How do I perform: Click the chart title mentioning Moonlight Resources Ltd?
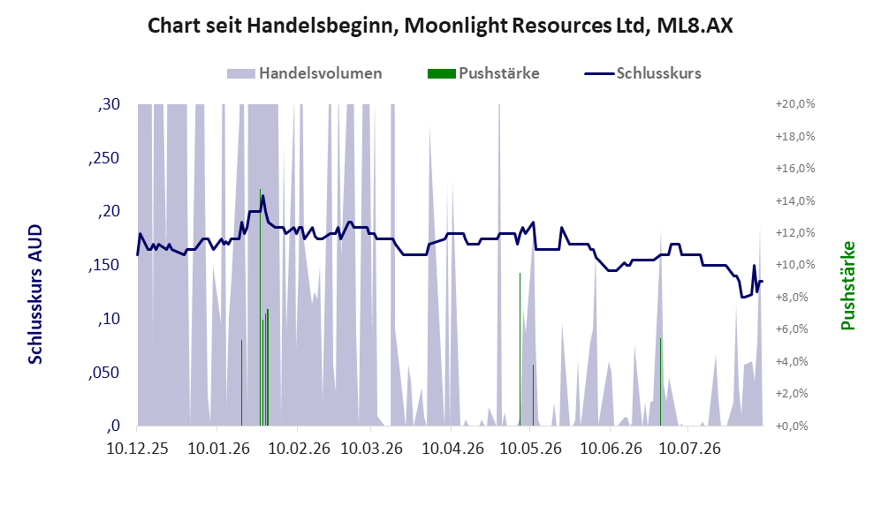pos(440,26)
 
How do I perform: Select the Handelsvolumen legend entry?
pos(305,73)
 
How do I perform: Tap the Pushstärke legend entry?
pos(483,73)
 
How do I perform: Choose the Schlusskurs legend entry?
pos(642,73)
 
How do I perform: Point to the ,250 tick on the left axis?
pos(104,158)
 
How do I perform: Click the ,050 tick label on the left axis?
pos(104,373)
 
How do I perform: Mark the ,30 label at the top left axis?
pos(109,104)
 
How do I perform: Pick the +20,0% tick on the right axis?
pos(795,104)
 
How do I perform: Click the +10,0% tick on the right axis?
pos(795,265)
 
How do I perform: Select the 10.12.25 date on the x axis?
pos(137,449)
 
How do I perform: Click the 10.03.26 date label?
pos(372,449)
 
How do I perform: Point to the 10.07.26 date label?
pos(689,449)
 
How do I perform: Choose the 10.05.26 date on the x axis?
pos(530,449)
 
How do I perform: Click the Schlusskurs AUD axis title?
pos(35,294)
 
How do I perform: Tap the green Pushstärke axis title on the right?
pos(847,286)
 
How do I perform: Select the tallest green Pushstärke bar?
pos(260,307)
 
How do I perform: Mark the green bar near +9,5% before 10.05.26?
pos(520,349)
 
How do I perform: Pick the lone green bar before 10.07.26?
pos(660,381)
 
